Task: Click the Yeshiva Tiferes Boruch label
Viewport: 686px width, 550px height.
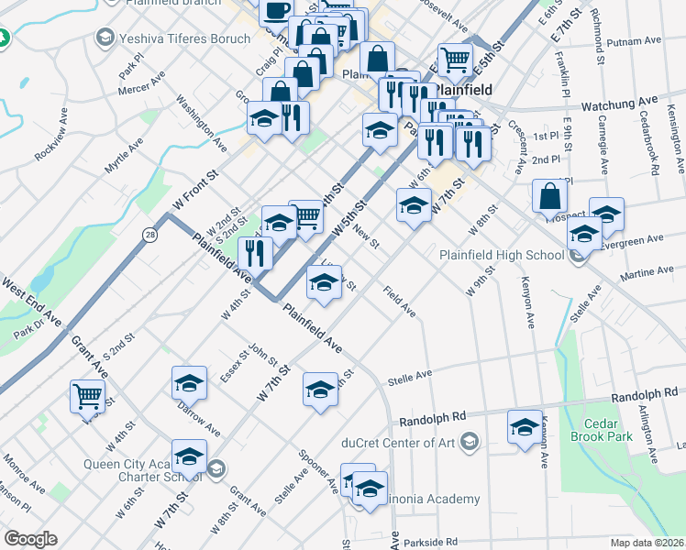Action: click(x=171, y=38)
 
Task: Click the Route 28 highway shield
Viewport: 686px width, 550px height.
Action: click(x=149, y=236)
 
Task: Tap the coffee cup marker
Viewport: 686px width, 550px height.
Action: click(x=276, y=10)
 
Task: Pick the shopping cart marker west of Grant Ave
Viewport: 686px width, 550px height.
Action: click(x=88, y=396)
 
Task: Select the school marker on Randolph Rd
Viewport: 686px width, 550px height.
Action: click(x=525, y=426)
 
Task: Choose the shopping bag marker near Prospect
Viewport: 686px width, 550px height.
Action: click(x=548, y=195)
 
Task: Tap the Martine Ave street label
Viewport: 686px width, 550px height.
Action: click(x=647, y=273)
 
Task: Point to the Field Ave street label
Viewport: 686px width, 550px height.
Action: click(x=400, y=302)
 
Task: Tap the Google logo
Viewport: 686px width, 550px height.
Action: click(x=30, y=539)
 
